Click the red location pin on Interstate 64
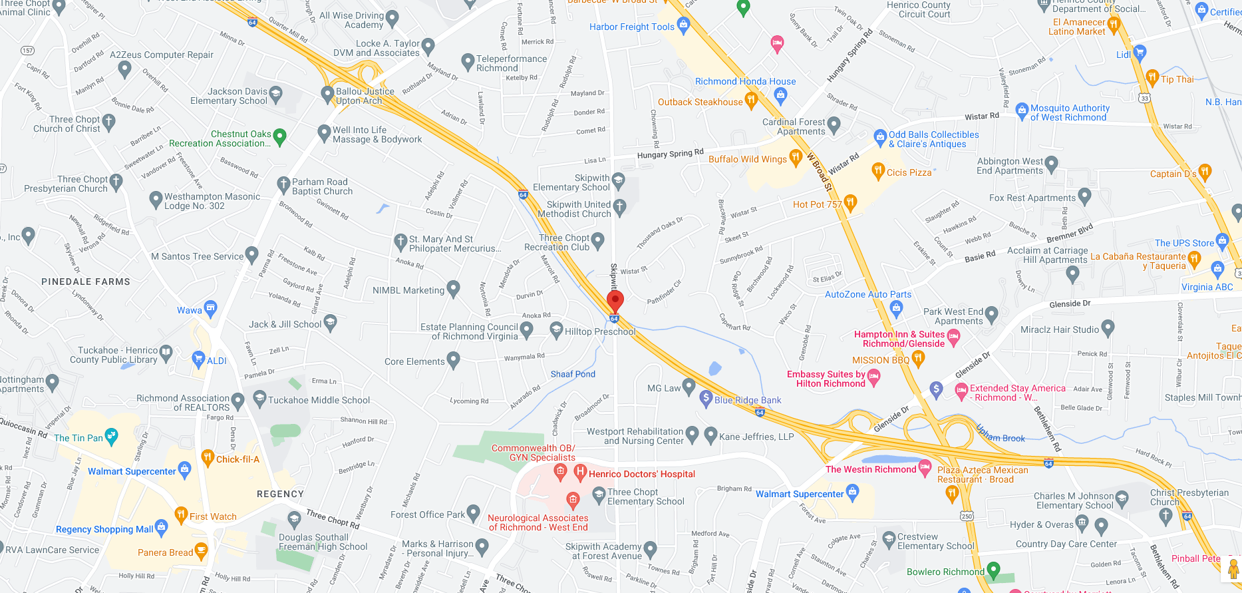[x=615, y=301]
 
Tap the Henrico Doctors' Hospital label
[x=641, y=474]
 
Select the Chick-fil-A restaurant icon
[x=208, y=458]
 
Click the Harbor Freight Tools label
[x=631, y=27]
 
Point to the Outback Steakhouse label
[x=700, y=102]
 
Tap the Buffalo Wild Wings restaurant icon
[x=795, y=158]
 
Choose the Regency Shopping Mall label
[x=104, y=529]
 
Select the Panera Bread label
[x=165, y=552]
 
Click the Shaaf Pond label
[x=573, y=374]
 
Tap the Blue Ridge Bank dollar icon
[x=706, y=399]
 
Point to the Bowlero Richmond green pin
[x=993, y=570]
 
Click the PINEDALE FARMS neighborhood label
[x=86, y=282]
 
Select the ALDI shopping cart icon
[x=198, y=359]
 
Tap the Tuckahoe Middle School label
[x=319, y=400]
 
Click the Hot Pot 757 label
[x=817, y=204]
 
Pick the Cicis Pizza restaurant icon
[x=878, y=171]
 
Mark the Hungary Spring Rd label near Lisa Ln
[x=670, y=154]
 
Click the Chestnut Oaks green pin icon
[x=279, y=136]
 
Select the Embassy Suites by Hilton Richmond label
[x=826, y=379]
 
